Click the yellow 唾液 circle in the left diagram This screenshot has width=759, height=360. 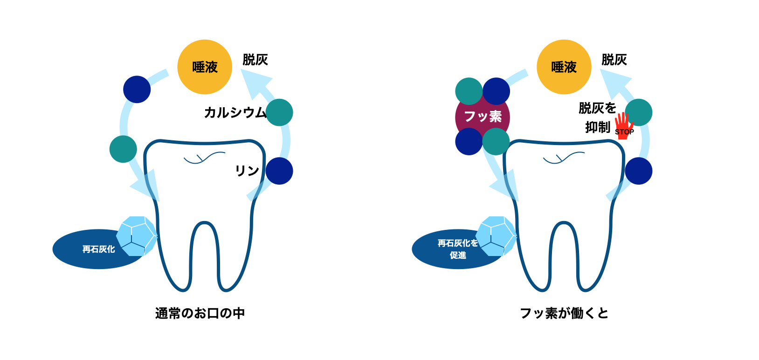(x=205, y=67)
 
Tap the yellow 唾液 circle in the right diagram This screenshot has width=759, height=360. (x=564, y=67)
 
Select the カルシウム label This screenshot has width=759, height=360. (x=235, y=113)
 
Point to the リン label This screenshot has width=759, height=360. (x=247, y=171)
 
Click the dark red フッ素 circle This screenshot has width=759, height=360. (x=483, y=116)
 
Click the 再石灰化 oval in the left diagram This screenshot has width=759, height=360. (x=93, y=249)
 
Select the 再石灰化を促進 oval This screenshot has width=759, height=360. (x=452, y=249)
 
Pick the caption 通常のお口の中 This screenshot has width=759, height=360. (x=200, y=313)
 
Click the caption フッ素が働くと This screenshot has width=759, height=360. (x=564, y=313)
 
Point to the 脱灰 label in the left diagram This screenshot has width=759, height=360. (x=255, y=60)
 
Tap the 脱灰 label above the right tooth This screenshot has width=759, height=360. (x=614, y=60)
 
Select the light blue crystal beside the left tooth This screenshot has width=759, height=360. (x=136, y=236)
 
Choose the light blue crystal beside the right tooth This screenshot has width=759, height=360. (x=496, y=236)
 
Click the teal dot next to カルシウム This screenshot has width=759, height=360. (x=279, y=112)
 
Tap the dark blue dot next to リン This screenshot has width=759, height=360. (x=279, y=171)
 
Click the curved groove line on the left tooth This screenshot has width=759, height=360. (x=204, y=159)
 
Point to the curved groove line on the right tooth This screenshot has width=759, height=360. (x=564, y=159)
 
